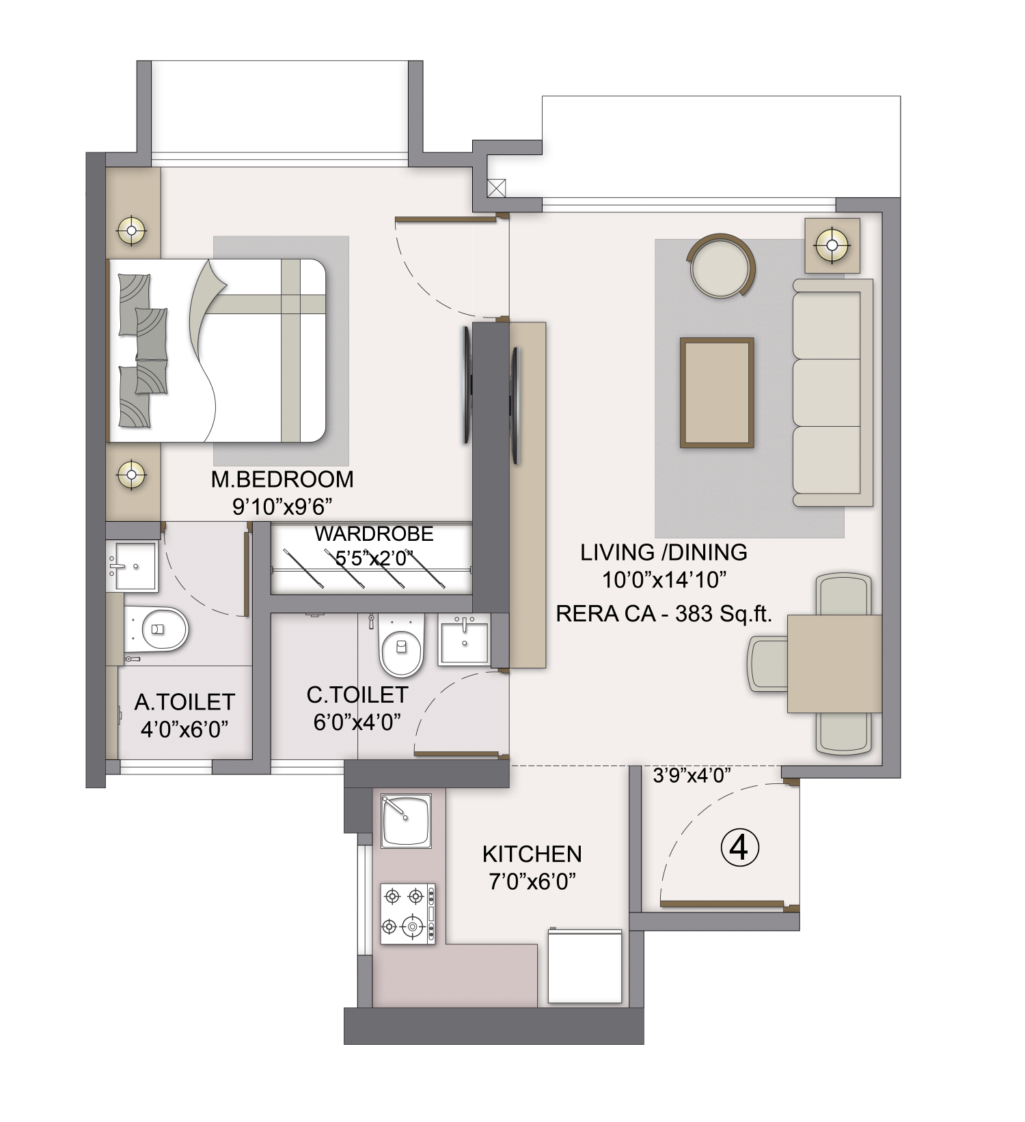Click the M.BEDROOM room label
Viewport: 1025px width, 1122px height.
pyautogui.click(x=282, y=479)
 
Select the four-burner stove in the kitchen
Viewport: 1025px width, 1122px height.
pyautogui.click(x=407, y=914)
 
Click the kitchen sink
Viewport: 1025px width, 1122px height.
pyautogui.click(x=406, y=820)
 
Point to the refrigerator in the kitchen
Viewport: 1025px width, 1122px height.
pyautogui.click(x=585, y=966)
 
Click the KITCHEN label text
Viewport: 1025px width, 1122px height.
pyautogui.click(x=532, y=854)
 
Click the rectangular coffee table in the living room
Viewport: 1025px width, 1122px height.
pyautogui.click(x=717, y=393)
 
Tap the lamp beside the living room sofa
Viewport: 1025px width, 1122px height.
pyautogui.click(x=832, y=244)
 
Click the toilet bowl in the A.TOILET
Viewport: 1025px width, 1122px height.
pyautogui.click(x=162, y=628)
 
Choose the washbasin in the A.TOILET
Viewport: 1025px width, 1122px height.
pyautogui.click(x=133, y=566)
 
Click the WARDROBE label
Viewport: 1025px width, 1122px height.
pyautogui.click(x=374, y=534)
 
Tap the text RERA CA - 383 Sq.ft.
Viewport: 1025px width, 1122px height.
pyautogui.click(x=664, y=614)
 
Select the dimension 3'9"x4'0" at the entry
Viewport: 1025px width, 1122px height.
pyautogui.click(x=692, y=775)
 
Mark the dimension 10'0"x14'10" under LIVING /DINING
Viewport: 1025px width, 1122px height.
pyautogui.click(x=664, y=580)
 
